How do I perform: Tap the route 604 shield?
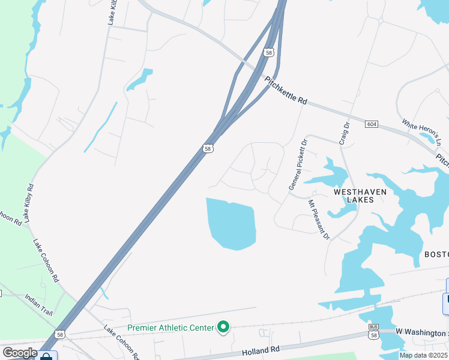371,124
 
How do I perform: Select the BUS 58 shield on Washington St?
373,334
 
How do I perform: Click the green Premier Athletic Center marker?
223,327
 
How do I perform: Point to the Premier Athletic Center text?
170,328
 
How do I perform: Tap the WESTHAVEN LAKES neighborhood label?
360,196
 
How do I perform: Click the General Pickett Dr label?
297,165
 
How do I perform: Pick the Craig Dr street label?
344,133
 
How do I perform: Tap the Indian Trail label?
39,305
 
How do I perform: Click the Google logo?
20,353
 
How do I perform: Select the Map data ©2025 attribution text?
423,355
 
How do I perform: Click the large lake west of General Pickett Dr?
231,224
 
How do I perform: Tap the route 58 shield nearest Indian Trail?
59,334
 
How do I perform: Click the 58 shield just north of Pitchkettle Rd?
268,53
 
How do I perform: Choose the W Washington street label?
422,332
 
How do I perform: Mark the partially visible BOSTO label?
436,254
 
